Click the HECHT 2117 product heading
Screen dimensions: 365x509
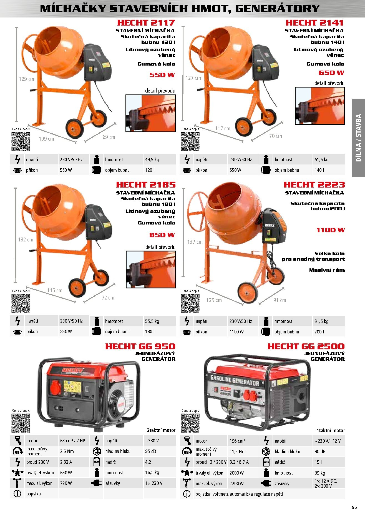click(146, 23)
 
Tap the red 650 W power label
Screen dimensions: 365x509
click(331, 73)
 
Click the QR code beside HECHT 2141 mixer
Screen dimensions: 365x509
click(190, 141)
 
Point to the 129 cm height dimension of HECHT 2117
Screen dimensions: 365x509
click(26, 79)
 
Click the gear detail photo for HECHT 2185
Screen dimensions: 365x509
click(151, 270)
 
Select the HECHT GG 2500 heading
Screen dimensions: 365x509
click(306, 346)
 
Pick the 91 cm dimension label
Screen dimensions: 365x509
click(280, 300)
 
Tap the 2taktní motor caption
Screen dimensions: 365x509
click(161, 430)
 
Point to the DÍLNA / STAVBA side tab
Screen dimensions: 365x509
click(358, 138)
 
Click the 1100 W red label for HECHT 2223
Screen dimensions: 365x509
click(330, 230)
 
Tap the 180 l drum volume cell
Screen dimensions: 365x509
click(150, 331)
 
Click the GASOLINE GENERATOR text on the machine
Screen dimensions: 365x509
click(235, 380)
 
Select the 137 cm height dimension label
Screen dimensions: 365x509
click(195, 242)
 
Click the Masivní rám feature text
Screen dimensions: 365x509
click(327, 270)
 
